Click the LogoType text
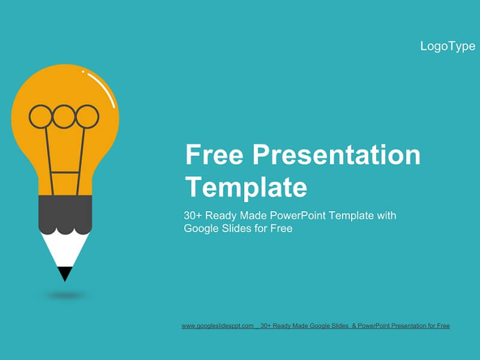[x=448, y=47]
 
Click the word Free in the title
[x=214, y=155]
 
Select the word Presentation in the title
[x=337, y=155]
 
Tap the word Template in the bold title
[x=246, y=187]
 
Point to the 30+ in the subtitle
[x=193, y=215]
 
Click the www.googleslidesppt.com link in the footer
[x=218, y=326]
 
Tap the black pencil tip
[x=65, y=273]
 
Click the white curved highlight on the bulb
[x=103, y=87]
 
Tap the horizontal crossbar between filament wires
[x=65, y=173]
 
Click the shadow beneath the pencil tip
[x=65, y=295]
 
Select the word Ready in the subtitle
[x=221, y=216]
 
